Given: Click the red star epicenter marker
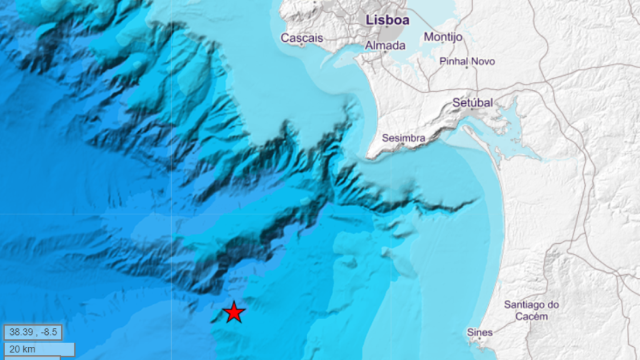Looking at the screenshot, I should (x=234, y=311).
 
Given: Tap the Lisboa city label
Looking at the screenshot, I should (x=387, y=20).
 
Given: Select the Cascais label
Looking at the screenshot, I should (x=302, y=37).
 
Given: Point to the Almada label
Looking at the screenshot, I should (x=385, y=45).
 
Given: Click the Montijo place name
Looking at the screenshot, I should (x=443, y=37).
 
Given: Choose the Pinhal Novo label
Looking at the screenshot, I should (x=467, y=61).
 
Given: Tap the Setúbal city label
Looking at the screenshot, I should (x=473, y=102).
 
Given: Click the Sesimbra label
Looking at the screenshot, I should (x=404, y=137).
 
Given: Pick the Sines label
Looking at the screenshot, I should (x=479, y=332).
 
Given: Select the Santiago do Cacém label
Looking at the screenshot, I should (x=532, y=310).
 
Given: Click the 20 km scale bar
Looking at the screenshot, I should (x=39, y=349).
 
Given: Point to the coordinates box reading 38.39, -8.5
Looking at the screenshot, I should (x=32, y=331).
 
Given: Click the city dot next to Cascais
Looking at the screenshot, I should (x=302, y=45).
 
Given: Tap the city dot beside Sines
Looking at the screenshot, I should (x=480, y=339).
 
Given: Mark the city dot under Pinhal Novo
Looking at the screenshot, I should (x=466, y=67).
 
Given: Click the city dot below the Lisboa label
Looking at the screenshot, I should (x=387, y=27).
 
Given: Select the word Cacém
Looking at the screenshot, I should (x=532, y=316).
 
